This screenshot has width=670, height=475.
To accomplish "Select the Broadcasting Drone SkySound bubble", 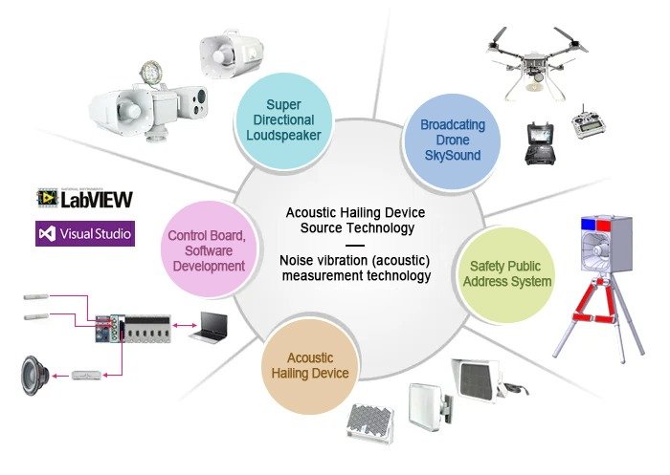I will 453,140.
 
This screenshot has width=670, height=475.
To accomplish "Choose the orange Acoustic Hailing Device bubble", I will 317,364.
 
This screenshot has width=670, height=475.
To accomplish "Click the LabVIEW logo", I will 84,198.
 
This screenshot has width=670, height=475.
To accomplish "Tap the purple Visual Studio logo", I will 84,232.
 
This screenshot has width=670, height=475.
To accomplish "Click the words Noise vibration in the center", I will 317,260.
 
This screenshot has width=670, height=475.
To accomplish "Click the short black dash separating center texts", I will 354,245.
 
